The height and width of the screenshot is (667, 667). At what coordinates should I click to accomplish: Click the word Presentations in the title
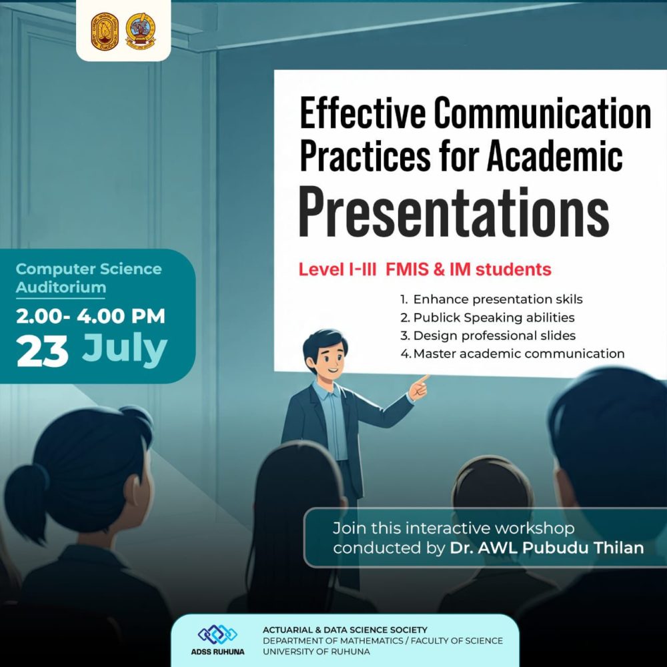tap(453, 213)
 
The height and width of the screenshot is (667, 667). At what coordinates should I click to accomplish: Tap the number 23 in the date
tap(43, 351)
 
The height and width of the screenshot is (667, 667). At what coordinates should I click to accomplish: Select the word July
tap(125, 349)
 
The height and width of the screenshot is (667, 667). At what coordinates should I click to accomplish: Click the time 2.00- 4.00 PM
tap(91, 316)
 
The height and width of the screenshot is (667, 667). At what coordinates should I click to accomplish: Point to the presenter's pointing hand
tap(419, 388)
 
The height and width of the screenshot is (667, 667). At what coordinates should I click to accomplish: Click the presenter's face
tap(325, 360)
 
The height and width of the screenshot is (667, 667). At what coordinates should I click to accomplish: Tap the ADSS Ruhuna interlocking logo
tap(217, 634)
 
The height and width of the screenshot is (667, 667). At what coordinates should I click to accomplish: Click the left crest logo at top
tap(104, 31)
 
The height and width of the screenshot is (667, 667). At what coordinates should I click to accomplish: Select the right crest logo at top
tap(141, 31)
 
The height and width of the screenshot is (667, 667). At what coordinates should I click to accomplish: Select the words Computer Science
tap(89, 269)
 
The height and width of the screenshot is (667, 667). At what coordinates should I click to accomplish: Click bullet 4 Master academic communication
tap(512, 354)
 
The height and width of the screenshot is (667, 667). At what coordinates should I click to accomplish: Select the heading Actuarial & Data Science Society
tap(345, 630)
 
